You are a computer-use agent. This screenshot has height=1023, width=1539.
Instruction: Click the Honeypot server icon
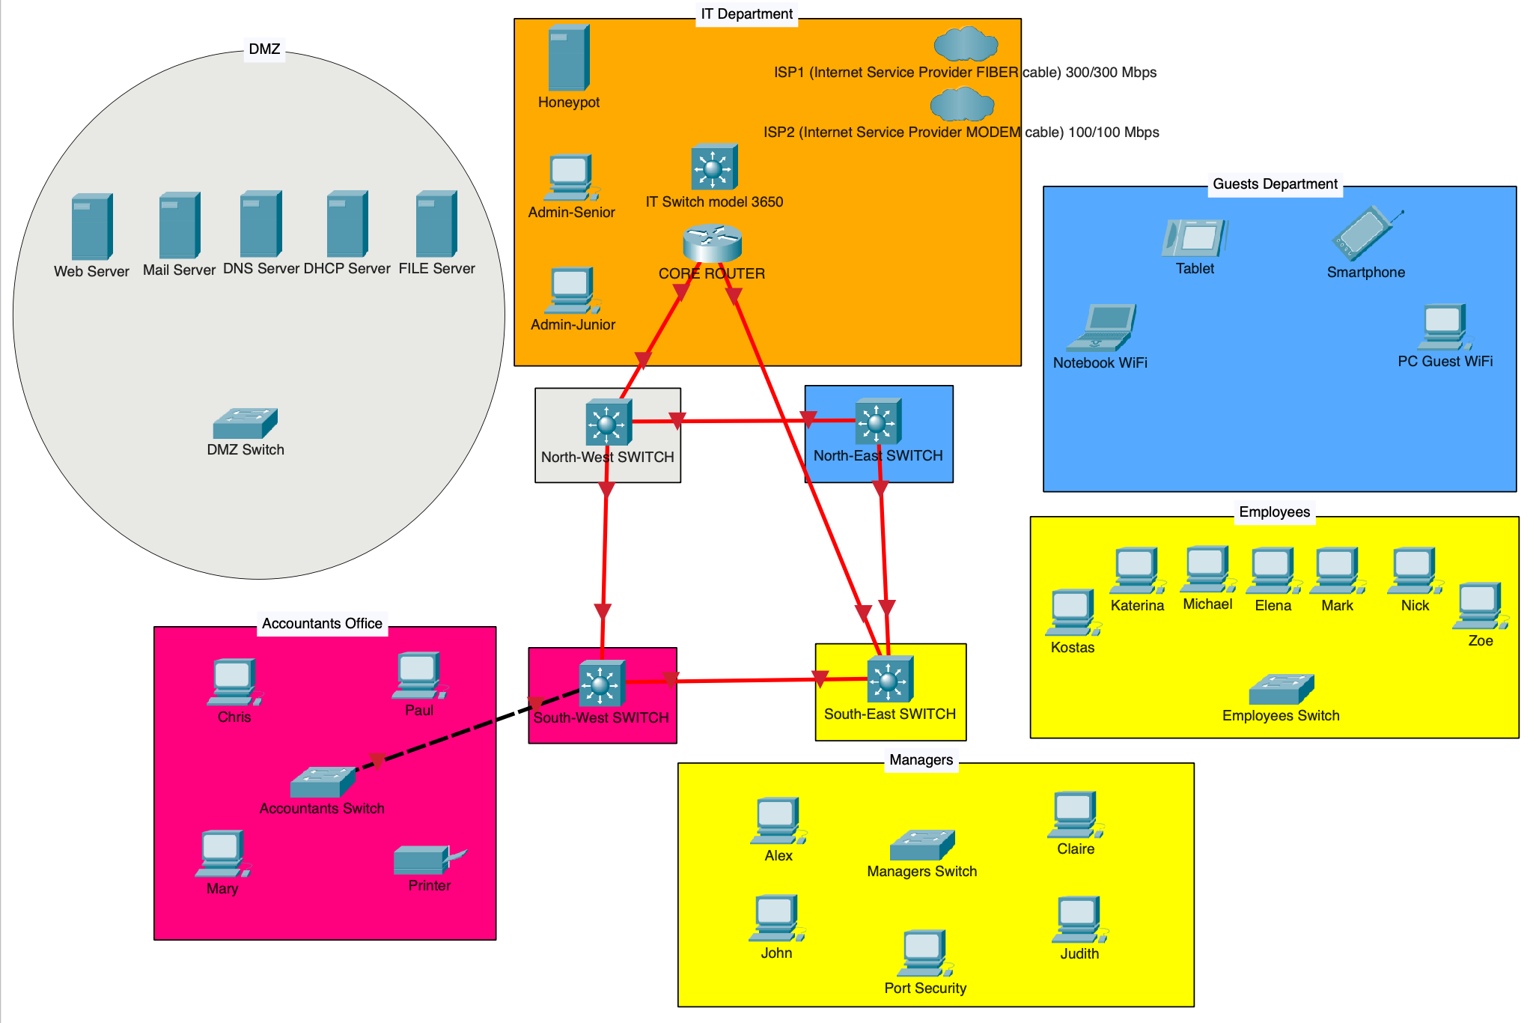coord(568,58)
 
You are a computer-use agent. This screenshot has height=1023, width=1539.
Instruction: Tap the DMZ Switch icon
coord(245,423)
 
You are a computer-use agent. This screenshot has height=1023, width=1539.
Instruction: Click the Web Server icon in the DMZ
coord(91,226)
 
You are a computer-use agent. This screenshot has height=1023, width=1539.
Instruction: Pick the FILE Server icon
coord(436,223)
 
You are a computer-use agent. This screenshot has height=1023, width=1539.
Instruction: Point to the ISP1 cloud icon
coord(966,43)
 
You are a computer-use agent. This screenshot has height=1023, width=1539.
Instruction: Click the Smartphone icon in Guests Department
coord(1366,234)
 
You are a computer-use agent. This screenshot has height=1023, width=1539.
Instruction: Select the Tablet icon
coord(1195,237)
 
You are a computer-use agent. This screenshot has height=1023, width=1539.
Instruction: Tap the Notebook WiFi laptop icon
coord(1101,328)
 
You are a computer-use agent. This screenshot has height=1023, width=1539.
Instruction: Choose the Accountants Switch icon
coord(322,782)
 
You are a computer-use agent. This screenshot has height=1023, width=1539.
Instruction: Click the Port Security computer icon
coord(924,953)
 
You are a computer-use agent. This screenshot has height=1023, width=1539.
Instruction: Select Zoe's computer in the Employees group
coord(1480,606)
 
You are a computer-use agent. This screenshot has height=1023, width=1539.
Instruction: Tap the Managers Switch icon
coord(921,845)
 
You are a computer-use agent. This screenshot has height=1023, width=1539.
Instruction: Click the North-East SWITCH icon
coord(877,421)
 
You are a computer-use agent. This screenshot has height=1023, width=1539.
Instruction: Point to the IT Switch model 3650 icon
coord(714,167)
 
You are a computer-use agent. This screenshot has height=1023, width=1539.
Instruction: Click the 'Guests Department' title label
coord(1275,184)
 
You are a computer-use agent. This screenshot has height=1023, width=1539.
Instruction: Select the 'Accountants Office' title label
coord(322,624)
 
